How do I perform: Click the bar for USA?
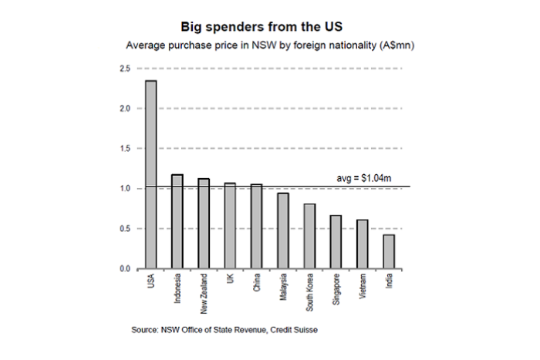[150, 175]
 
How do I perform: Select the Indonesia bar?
[177, 222]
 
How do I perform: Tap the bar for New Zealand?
[204, 224]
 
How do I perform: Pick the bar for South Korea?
[309, 236]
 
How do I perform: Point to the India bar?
[388, 251]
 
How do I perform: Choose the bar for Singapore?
[336, 242]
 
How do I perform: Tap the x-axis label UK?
[231, 279]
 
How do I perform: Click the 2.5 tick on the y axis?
[123, 69]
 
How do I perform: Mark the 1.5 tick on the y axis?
[123, 149]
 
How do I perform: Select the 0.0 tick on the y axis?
[123, 269]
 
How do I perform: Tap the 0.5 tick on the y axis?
[123, 229]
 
